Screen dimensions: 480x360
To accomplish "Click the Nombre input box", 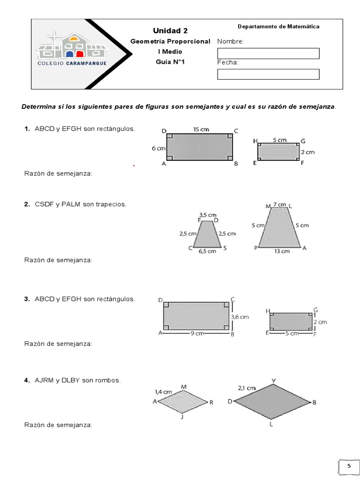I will [268, 53].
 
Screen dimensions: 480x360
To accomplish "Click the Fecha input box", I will [268, 74].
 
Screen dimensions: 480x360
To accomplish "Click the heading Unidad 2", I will [170, 31].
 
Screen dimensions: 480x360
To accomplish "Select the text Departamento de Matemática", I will [278, 27].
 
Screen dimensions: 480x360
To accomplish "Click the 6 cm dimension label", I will [159, 148].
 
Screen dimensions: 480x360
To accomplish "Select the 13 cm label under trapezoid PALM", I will [282, 251].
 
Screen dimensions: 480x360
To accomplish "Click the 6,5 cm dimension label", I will [207, 251].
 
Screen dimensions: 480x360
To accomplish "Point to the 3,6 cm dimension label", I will [240, 317].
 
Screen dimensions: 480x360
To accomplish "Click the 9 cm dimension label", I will [196, 334].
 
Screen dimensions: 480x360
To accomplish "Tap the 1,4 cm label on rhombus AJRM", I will [163, 391].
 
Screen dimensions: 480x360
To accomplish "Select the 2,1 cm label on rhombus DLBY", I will [247, 388].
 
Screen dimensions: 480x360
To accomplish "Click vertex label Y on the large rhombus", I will [273, 380].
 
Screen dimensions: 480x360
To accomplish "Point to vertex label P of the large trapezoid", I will [256, 248].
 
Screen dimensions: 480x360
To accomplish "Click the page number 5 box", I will [348, 466].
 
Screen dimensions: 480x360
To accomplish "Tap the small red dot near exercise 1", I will [134, 165].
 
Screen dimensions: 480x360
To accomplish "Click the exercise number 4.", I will [27, 380].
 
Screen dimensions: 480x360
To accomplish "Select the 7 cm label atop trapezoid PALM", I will [279, 205].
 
